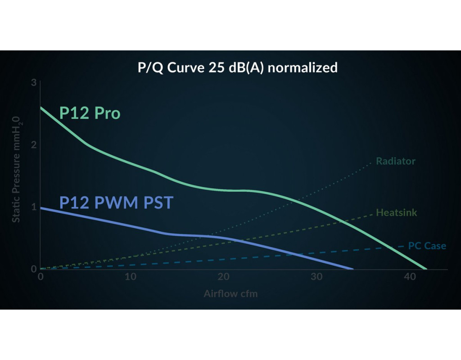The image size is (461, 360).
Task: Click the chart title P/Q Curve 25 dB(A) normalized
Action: [x=237, y=68]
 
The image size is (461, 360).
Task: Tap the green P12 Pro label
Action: [x=90, y=113]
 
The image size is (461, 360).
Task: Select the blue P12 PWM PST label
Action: [x=116, y=202]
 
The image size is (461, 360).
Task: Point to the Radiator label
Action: [x=396, y=161]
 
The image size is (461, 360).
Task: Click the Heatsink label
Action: [x=397, y=212]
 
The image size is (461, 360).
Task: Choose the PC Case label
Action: [x=427, y=246]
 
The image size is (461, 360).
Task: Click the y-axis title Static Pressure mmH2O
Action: [x=16, y=169]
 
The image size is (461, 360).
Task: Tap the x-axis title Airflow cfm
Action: [x=230, y=294]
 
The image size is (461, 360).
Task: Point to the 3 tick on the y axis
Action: [x=34, y=83]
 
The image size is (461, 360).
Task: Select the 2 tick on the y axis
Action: [x=34, y=145]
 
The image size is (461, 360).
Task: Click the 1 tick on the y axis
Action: [x=34, y=207]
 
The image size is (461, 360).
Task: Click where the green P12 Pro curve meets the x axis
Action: [x=426, y=269]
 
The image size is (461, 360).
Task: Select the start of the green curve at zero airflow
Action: [x=41, y=107]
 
